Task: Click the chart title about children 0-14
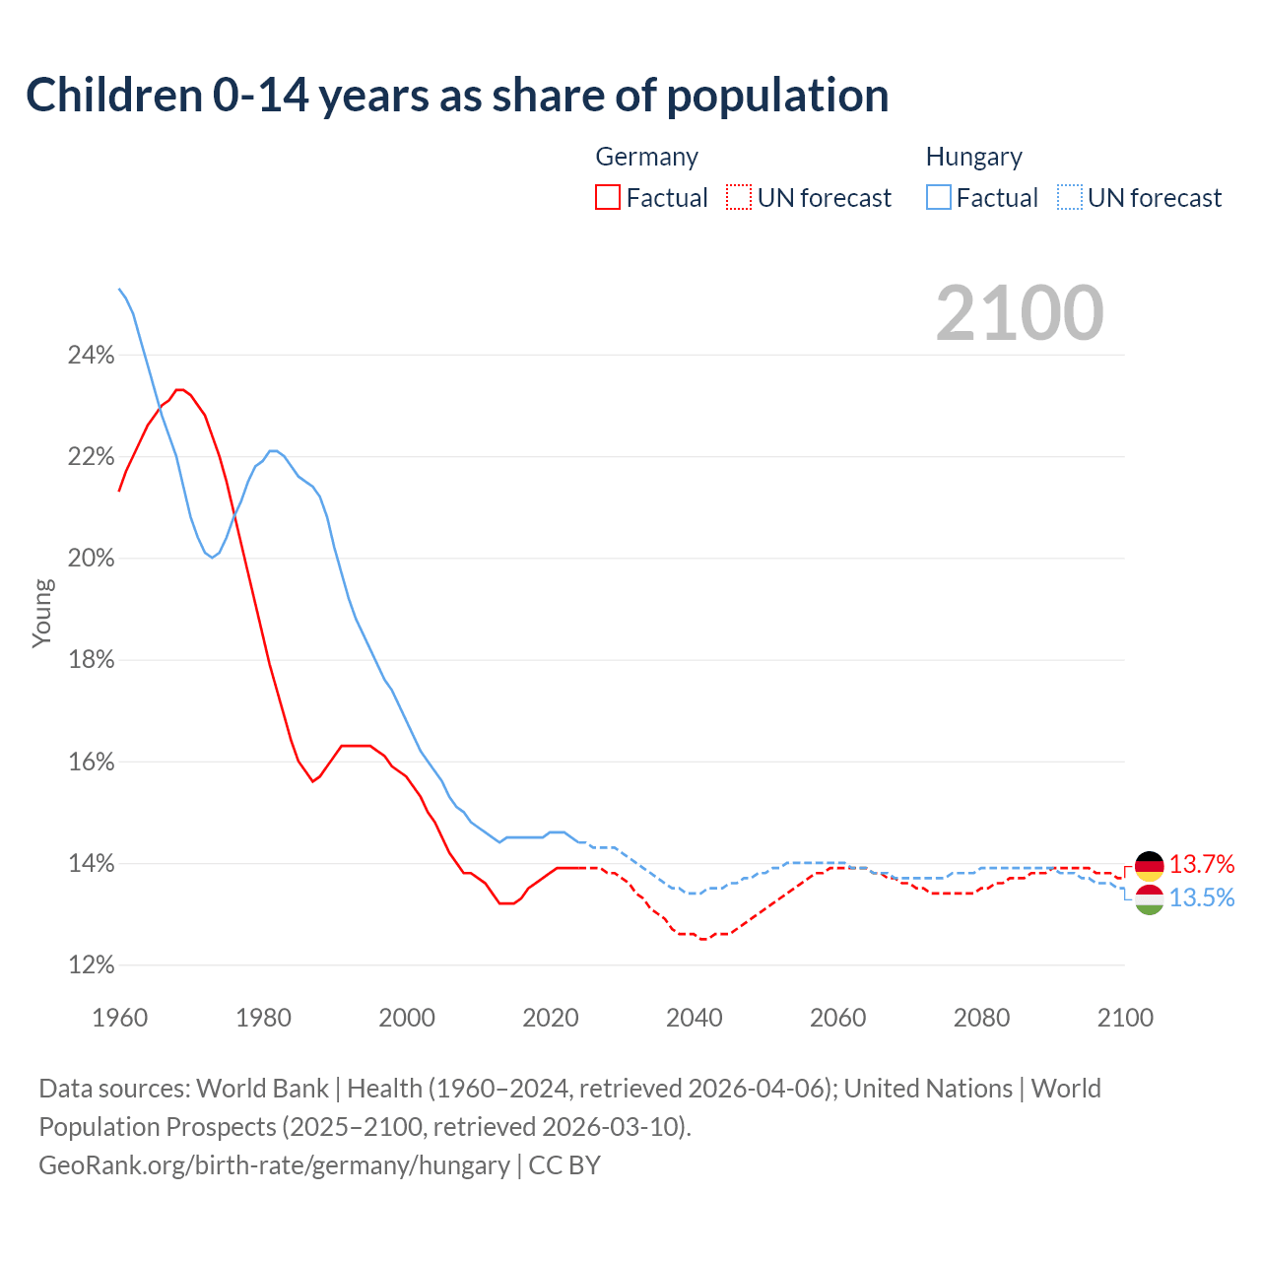(x=457, y=96)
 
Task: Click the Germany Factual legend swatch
(x=608, y=198)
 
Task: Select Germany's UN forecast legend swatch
(x=739, y=198)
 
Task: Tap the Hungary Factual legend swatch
(x=939, y=198)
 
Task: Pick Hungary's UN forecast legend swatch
(x=1070, y=198)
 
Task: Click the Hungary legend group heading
(x=973, y=157)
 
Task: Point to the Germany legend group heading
(x=646, y=157)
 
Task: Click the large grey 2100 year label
(x=1020, y=313)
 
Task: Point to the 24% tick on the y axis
(x=91, y=356)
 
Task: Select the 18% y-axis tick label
(x=91, y=660)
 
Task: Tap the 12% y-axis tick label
(x=91, y=965)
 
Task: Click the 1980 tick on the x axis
(x=263, y=1018)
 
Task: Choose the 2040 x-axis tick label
(x=695, y=1018)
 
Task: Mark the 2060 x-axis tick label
(x=838, y=1018)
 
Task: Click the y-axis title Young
(x=42, y=613)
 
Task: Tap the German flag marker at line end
(x=1149, y=866)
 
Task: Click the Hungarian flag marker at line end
(x=1149, y=898)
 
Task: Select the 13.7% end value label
(x=1202, y=865)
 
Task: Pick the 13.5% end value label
(x=1202, y=898)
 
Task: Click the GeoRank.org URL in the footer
(x=274, y=1165)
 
